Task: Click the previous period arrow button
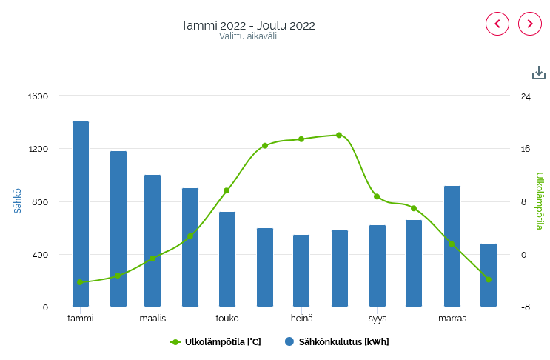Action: [x=497, y=24]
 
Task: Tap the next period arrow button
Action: [x=530, y=24]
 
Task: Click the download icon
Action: [x=539, y=73]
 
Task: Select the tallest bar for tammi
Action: [x=81, y=214]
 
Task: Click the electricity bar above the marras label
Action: [x=452, y=246]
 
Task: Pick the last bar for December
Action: [x=489, y=275]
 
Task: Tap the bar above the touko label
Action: [x=227, y=259]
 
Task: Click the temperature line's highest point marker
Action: [x=339, y=135]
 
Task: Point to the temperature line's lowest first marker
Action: [x=80, y=282]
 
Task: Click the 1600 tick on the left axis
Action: [x=38, y=96]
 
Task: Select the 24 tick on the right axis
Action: [x=525, y=96]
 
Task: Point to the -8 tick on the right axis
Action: [x=525, y=307]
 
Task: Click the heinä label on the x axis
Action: [x=301, y=319]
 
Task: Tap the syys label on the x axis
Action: [x=378, y=319]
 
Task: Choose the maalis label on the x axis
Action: [x=152, y=319]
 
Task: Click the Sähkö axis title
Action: [x=18, y=201]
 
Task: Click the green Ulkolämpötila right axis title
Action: [x=540, y=201]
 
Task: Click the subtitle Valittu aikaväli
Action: [x=248, y=36]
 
